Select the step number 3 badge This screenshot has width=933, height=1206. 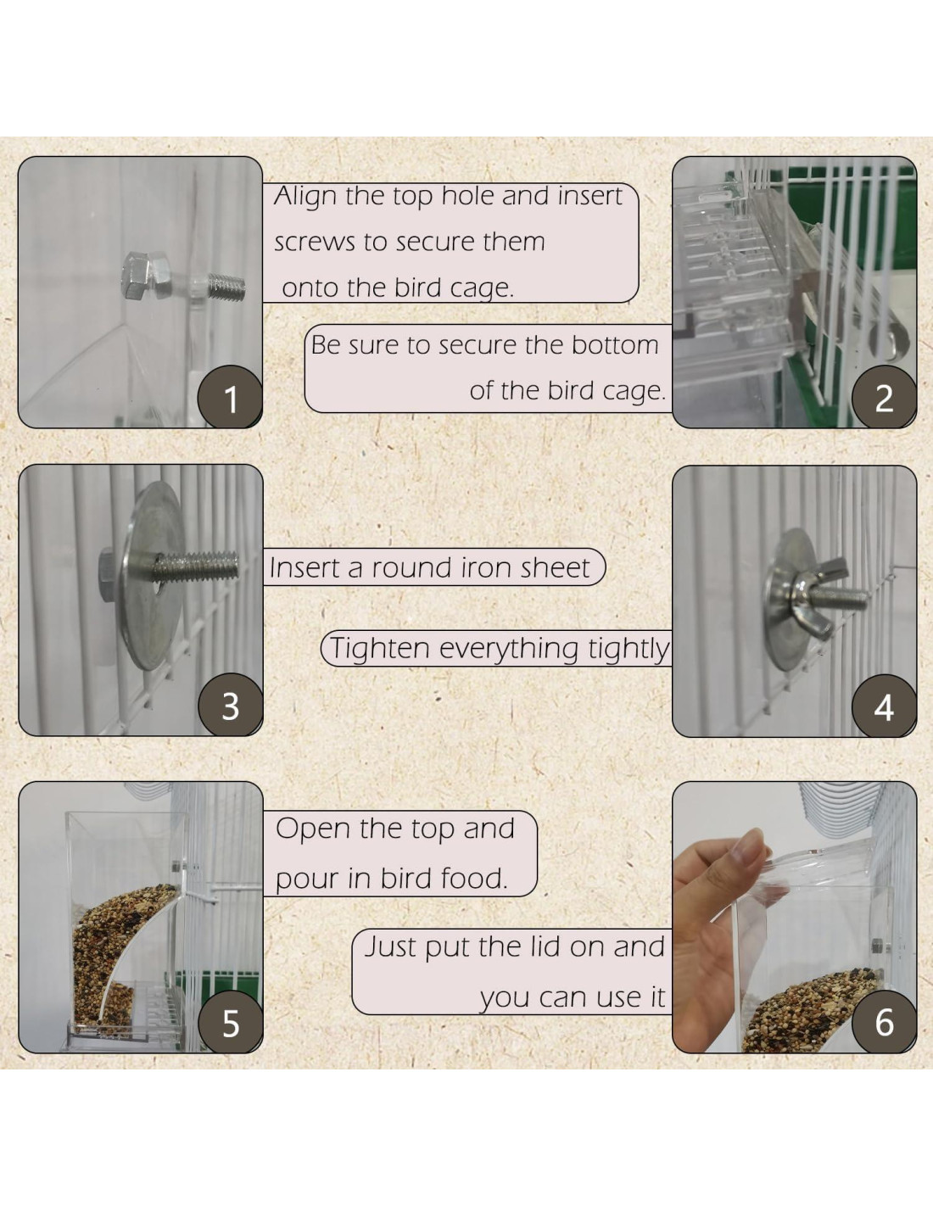231,706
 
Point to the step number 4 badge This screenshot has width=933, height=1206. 884,706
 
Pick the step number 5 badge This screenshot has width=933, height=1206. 231,1022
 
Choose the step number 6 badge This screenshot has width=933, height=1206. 884,1022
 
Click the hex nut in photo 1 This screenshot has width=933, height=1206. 145,276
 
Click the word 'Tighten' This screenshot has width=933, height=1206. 380,648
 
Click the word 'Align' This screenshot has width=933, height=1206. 306,198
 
